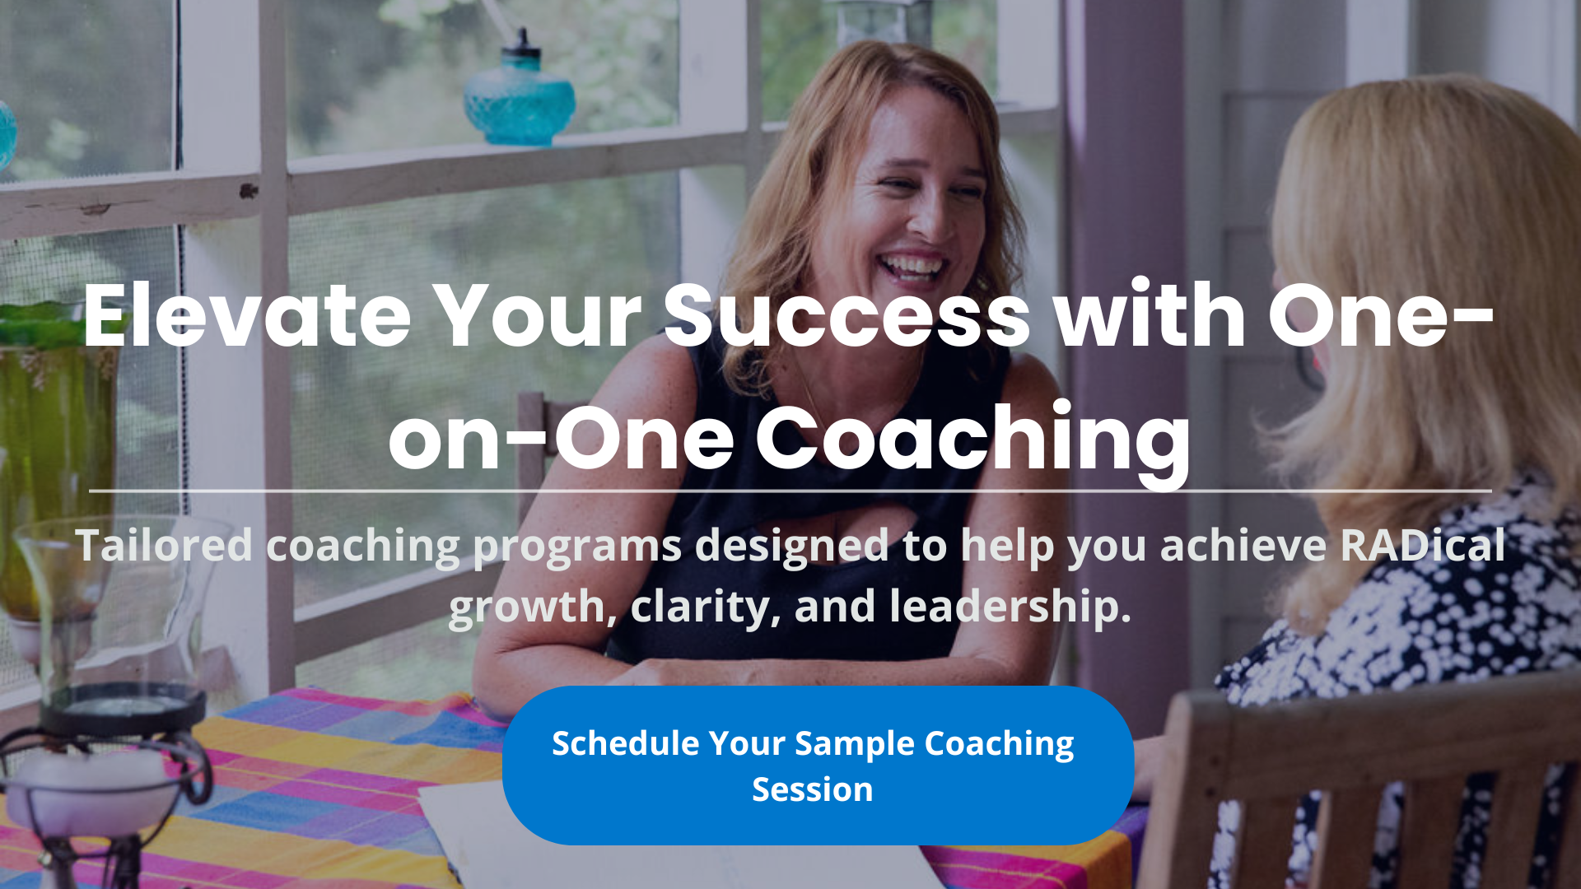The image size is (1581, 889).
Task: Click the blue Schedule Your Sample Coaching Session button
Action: tap(818, 766)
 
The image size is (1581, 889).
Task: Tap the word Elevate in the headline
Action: tap(247, 315)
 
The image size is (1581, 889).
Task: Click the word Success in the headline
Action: tap(846, 315)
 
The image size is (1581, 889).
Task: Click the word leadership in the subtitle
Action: tap(1010, 607)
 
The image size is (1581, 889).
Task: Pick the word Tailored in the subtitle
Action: tap(164, 545)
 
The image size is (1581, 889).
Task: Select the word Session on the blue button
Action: tap(812, 789)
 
